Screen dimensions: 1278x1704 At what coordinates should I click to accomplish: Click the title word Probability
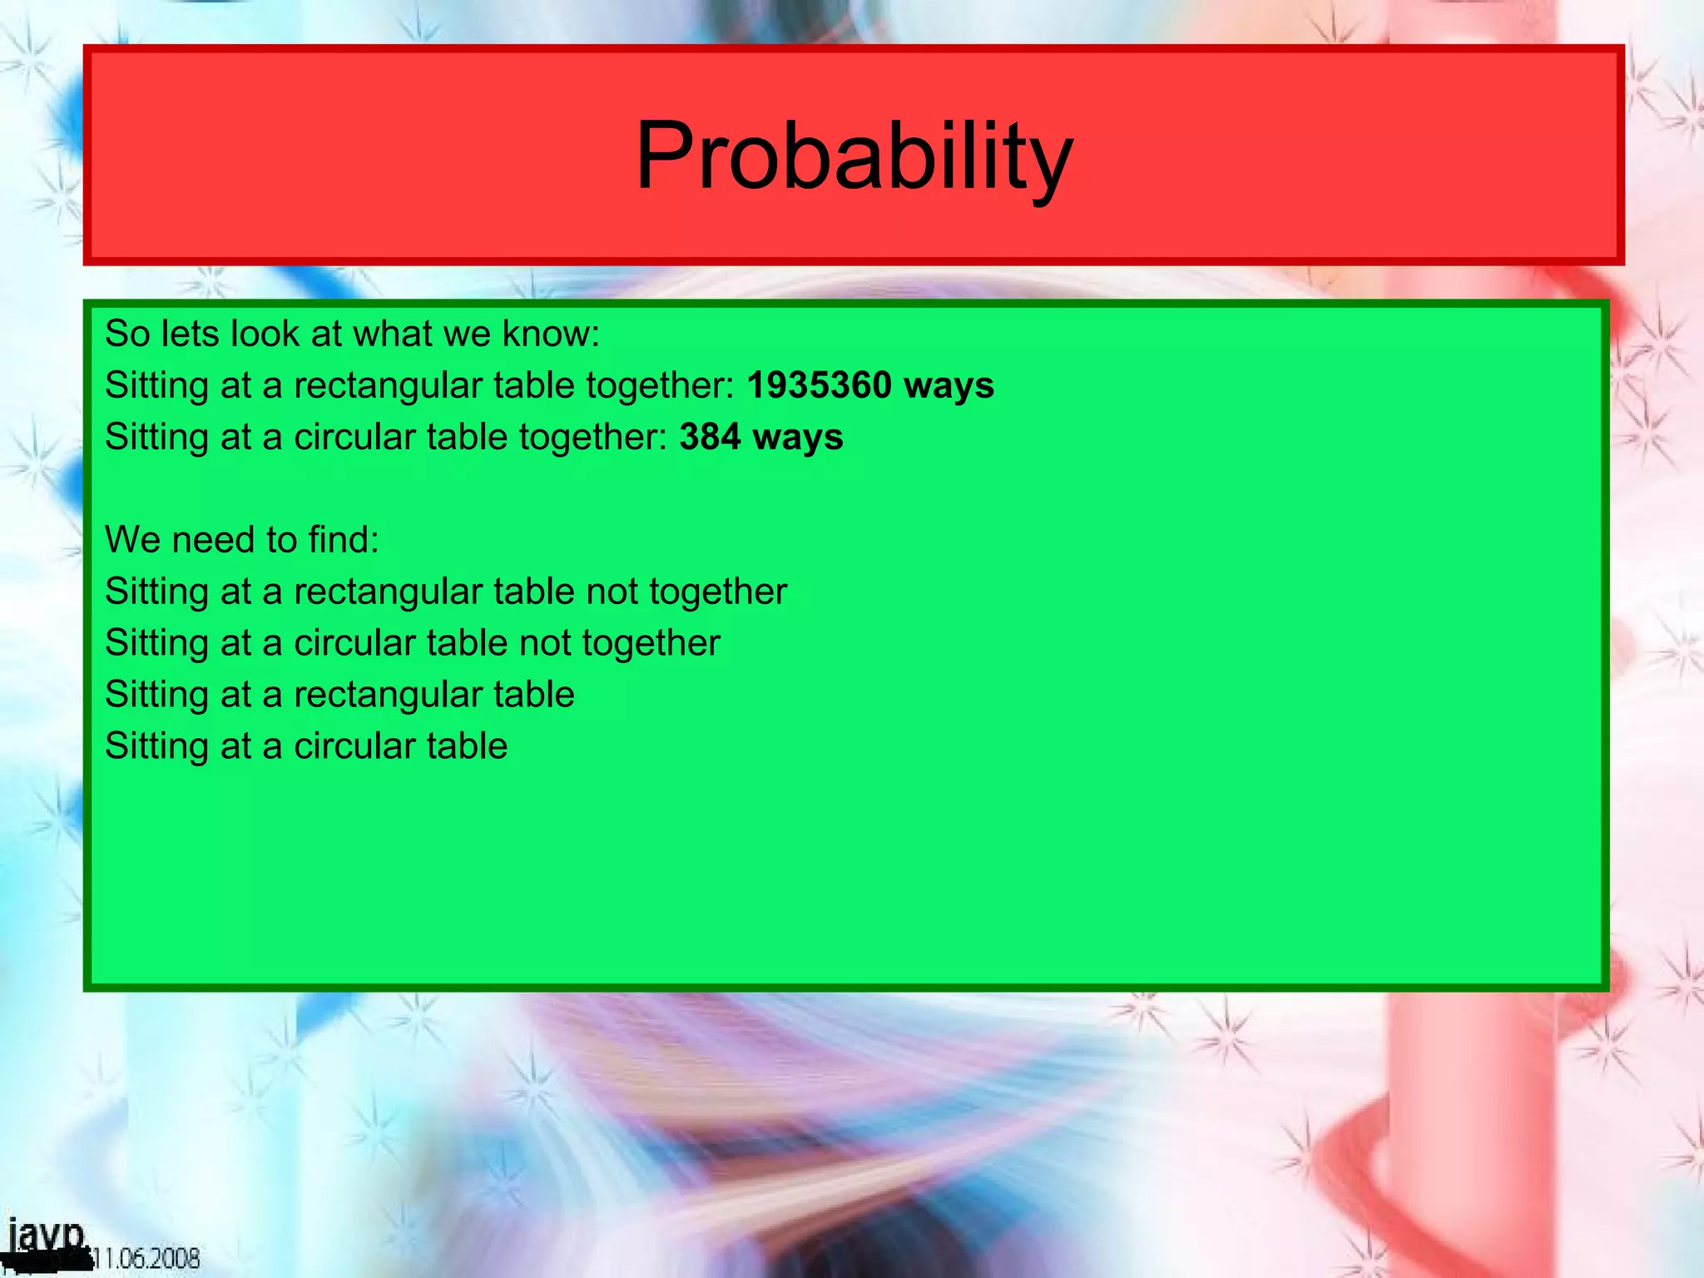pos(854,156)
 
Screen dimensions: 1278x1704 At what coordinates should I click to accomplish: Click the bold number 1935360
pos(819,385)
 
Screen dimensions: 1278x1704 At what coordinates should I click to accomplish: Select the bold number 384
pos(709,437)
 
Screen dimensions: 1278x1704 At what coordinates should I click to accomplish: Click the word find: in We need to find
pos(343,540)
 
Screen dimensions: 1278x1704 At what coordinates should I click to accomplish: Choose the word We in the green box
pos(131,540)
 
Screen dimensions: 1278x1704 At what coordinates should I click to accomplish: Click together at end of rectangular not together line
pos(717,592)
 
